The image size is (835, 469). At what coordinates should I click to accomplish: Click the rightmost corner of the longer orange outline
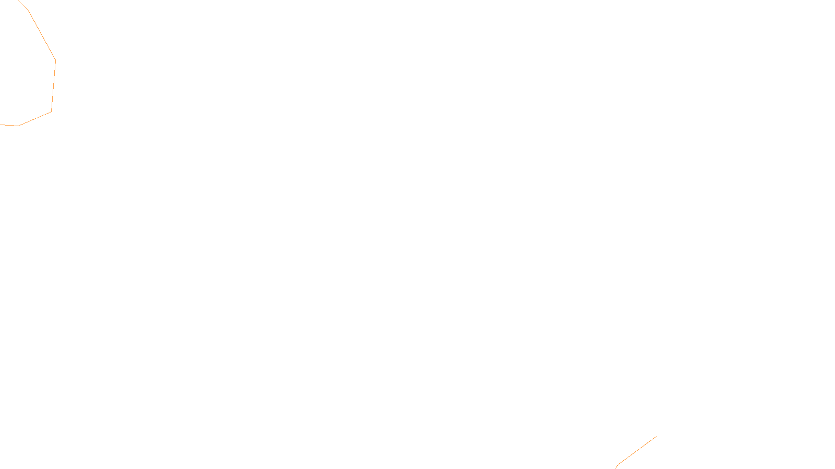point(55,61)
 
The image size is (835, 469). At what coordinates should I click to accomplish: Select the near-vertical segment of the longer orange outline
point(53,86)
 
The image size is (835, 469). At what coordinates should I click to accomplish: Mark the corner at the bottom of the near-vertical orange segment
point(51,112)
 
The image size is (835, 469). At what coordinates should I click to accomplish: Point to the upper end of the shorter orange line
point(656,436)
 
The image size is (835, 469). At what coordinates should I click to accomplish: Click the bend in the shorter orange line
point(618,464)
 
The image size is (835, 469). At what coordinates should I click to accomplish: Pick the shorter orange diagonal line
point(637,450)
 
